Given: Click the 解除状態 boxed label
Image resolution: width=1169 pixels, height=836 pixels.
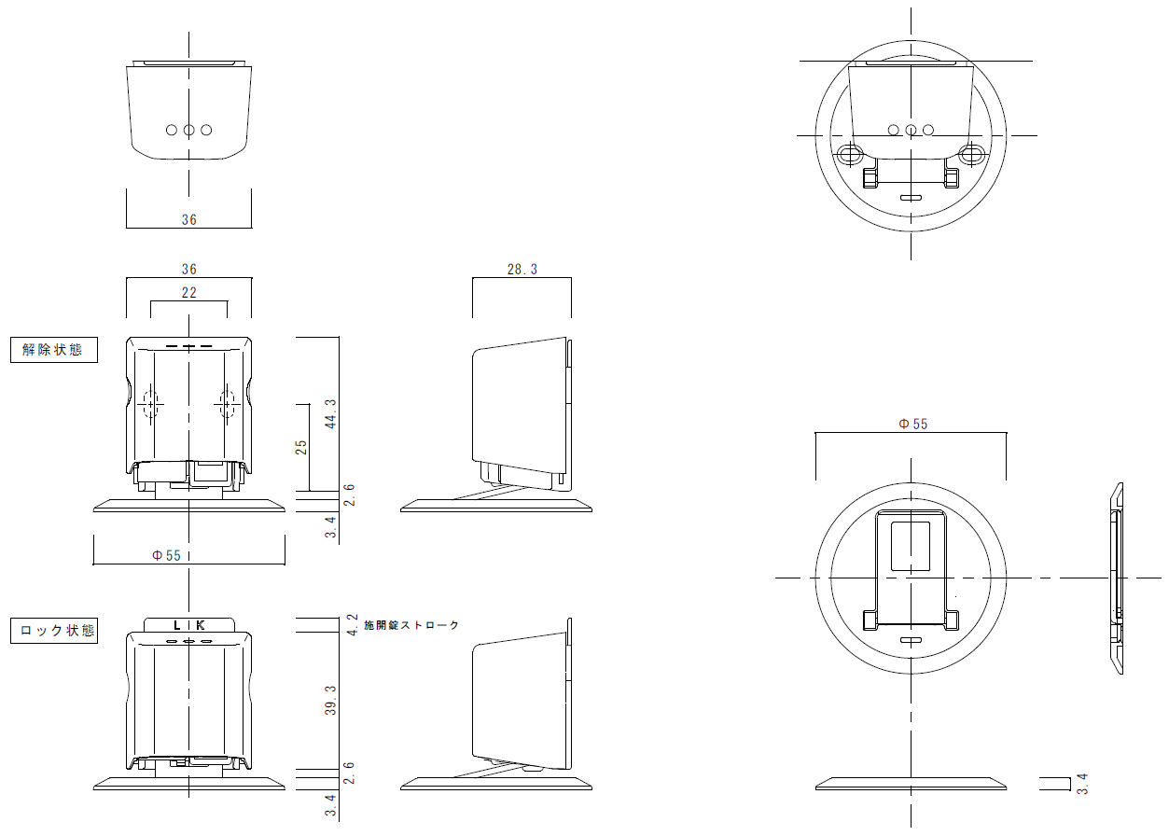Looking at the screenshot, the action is [x=54, y=350].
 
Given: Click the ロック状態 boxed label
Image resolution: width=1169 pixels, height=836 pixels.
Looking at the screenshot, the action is [x=54, y=631].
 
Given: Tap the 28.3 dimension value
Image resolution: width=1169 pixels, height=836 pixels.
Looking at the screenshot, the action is [x=522, y=270].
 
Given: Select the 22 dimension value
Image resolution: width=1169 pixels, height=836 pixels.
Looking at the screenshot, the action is [x=188, y=293].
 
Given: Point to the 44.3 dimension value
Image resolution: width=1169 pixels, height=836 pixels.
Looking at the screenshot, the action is [x=331, y=414].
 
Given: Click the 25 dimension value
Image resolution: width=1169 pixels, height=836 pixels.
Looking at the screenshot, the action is [x=301, y=447].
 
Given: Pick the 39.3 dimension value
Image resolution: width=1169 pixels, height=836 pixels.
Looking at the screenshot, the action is [x=331, y=701].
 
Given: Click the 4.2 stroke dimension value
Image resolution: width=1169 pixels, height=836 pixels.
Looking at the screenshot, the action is [x=353, y=624].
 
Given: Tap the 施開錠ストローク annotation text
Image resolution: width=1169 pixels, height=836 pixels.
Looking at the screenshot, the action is [x=411, y=624].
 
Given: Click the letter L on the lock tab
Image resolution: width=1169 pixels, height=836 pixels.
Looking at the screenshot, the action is [x=177, y=625].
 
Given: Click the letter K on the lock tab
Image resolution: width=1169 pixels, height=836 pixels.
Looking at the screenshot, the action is [x=200, y=625].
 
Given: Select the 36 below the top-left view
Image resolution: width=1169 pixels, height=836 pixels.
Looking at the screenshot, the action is [x=188, y=219].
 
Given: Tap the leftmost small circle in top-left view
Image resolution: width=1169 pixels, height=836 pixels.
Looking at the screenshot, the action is [x=172, y=130].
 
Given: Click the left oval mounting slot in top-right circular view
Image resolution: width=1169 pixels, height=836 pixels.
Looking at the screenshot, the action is [x=850, y=155].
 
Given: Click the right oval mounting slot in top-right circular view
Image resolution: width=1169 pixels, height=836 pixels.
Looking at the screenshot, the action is [x=972, y=155].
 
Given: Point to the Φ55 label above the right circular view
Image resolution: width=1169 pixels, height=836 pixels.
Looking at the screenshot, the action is [x=912, y=424].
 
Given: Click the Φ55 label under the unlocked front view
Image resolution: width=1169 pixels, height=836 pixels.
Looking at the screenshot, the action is [x=166, y=555].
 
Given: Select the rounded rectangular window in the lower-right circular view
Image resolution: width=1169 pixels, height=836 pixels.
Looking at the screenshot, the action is [x=911, y=546].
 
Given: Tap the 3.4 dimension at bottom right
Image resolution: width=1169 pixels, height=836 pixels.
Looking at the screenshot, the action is [x=1082, y=784].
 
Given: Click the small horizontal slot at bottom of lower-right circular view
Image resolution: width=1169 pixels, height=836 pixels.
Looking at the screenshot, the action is [x=911, y=640].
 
